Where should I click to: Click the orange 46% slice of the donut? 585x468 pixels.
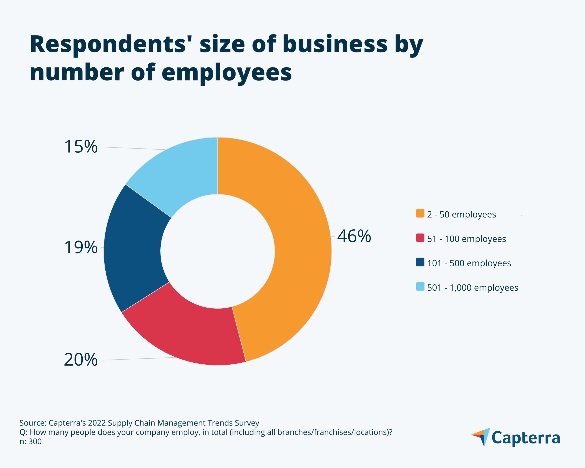[298, 244]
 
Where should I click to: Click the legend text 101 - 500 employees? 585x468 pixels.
[469, 263]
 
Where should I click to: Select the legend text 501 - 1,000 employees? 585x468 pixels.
[472, 288]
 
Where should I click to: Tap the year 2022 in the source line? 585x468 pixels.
[97, 423]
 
